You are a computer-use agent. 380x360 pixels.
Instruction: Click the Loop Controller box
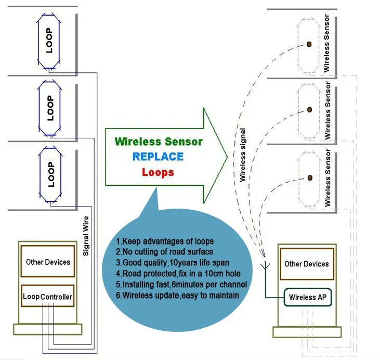coord(48,297)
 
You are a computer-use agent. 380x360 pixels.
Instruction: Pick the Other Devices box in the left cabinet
coord(48,262)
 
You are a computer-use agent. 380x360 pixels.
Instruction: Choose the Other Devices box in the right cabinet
coord(306,264)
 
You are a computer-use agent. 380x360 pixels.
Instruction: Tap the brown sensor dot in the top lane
coord(309,44)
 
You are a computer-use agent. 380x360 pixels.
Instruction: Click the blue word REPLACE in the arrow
coord(158,156)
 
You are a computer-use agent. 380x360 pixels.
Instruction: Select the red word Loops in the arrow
coord(158,172)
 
